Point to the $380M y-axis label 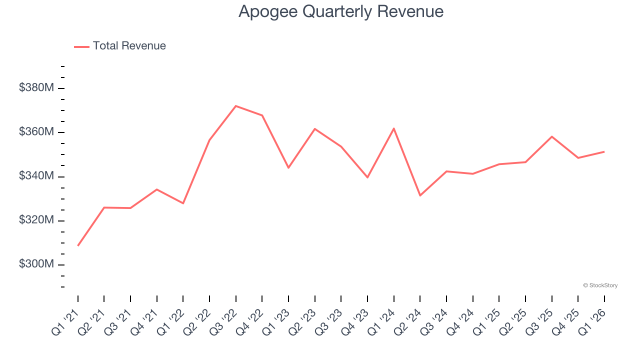[36, 88]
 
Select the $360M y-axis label [36, 132]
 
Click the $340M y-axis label [36, 176]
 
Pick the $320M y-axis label [36, 220]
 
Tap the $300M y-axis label [36, 264]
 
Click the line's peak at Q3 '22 [235, 106]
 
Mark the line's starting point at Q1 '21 [78, 245]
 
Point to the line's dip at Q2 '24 [420, 195]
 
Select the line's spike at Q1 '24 [394, 128]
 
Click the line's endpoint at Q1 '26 [604, 151]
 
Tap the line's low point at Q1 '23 [288, 167]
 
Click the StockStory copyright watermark [600, 285]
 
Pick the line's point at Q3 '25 [551, 136]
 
